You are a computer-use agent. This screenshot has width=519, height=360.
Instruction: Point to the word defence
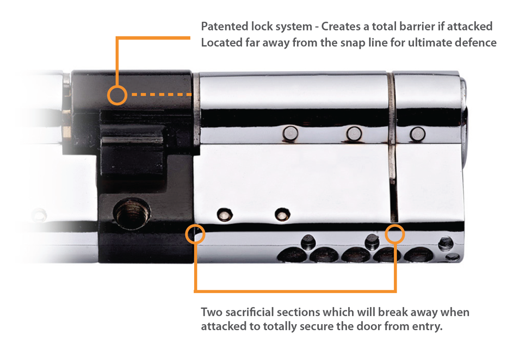475,43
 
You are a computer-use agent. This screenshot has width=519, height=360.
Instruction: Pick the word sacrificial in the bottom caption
248,313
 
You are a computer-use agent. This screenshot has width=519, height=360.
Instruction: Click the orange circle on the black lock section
116,95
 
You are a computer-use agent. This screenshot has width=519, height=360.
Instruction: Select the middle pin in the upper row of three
354,132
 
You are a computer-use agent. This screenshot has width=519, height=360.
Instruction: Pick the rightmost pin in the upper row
417,132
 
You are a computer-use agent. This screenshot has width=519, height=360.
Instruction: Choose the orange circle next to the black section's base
195,234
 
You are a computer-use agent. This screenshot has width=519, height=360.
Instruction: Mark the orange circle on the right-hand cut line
394,234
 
